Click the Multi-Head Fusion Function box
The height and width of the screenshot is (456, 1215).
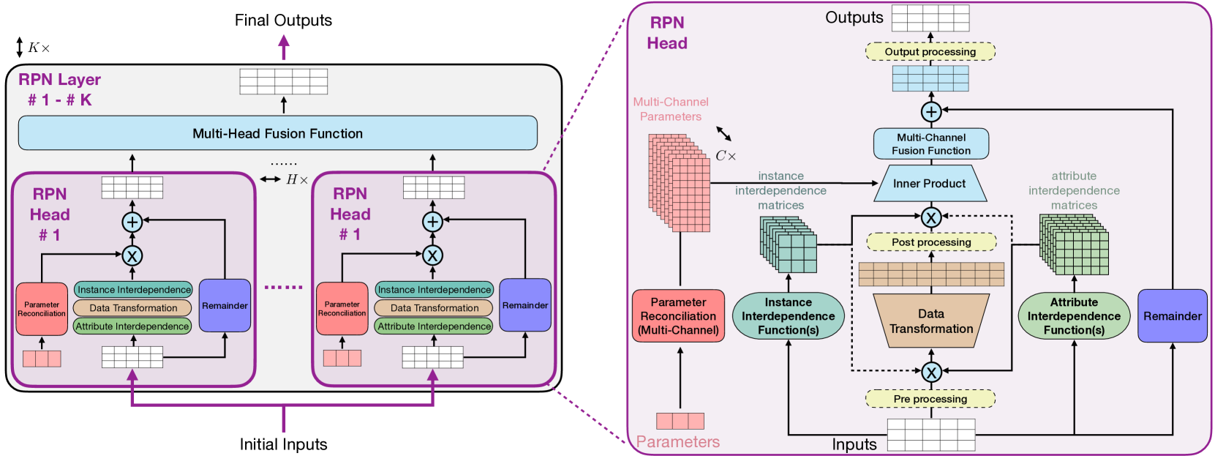click(277, 133)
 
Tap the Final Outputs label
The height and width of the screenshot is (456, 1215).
click(283, 20)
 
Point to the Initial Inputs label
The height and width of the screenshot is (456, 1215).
click(283, 444)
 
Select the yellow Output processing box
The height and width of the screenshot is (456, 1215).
click(930, 52)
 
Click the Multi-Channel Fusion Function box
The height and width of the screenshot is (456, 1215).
click(930, 144)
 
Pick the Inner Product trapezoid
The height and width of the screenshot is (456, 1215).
click(929, 184)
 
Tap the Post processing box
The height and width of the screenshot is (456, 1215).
click(931, 242)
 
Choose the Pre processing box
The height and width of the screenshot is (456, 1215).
click(930, 399)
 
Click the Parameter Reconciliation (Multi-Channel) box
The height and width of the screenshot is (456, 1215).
click(678, 316)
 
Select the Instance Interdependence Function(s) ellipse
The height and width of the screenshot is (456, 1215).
click(788, 316)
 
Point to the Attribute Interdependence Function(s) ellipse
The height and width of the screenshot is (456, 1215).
click(1074, 316)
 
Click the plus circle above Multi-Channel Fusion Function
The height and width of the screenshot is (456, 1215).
click(930, 112)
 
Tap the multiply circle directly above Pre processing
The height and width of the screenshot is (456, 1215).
click(931, 373)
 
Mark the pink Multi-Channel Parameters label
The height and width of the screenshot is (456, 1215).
click(671, 109)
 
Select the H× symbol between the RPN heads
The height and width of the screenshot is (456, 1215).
click(296, 179)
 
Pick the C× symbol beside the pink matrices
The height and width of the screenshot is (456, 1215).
click(726, 156)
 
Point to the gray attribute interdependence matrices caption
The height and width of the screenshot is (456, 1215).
click(1074, 191)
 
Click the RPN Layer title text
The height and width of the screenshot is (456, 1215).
click(59, 80)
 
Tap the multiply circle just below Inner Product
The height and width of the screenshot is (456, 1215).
click(930, 217)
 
